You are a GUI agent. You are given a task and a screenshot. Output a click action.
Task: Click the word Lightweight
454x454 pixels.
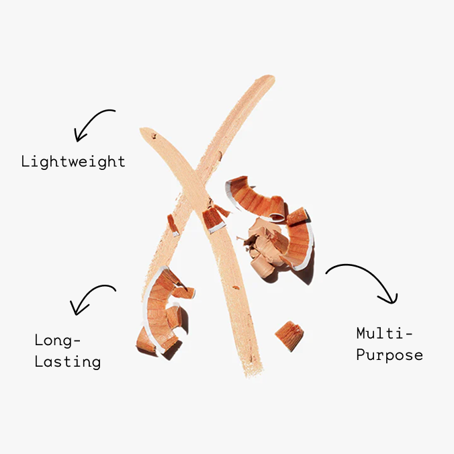point(73,161)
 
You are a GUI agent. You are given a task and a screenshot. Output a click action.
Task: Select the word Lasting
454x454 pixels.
point(67,362)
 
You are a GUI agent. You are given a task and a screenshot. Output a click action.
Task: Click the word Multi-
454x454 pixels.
point(384,333)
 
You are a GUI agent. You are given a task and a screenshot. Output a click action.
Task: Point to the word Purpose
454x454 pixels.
point(390,355)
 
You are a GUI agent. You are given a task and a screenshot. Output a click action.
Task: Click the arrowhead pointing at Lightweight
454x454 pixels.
point(78,136)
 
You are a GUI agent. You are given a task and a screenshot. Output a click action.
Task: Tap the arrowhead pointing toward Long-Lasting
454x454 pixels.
point(76,310)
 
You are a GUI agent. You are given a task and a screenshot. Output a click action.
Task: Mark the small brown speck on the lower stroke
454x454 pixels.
point(236,287)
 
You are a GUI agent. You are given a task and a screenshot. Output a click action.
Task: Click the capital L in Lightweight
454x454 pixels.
point(26,161)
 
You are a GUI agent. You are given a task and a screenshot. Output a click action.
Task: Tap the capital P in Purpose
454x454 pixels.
point(361,355)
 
